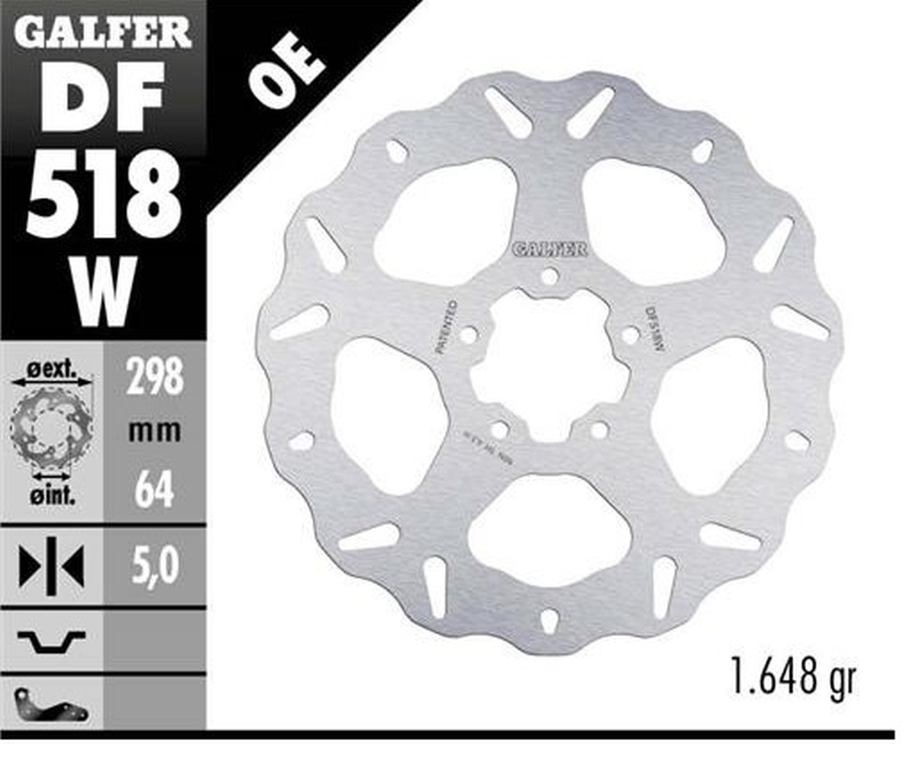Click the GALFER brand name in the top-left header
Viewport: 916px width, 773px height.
pyautogui.click(x=102, y=32)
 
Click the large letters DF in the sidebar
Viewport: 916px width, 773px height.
pyautogui.click(x=102, y=97)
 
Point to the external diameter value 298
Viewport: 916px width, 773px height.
pyautogui.click(x=154, y=377)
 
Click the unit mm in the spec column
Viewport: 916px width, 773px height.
pyautogui.click(x=154, y=432)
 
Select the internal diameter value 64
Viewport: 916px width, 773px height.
pyautogui.click(x=154, y=491)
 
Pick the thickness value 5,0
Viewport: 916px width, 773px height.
pyautogui.click(x=154, y=566)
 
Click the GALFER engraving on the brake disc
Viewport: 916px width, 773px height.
pyautogui.click(x=549, y=250)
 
